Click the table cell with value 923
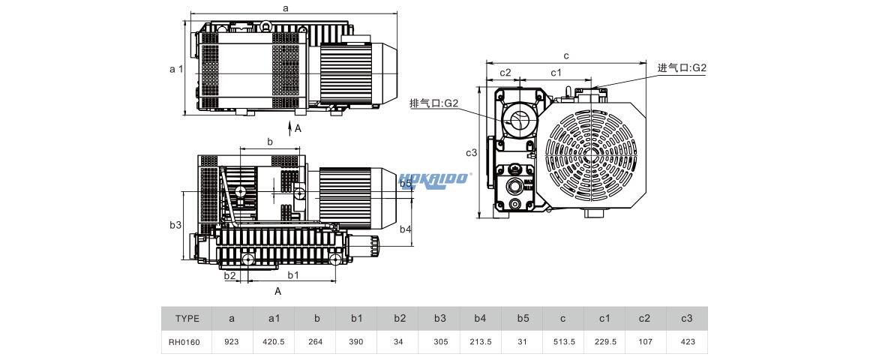coord(232,342)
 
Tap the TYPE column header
coord(187,319)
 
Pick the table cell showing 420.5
coord(274,342)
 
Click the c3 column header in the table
coord(686,319)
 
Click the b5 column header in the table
coord(523,319)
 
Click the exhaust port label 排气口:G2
coord(433,103)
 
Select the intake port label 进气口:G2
coord(682,67)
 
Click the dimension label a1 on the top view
coord(175,68)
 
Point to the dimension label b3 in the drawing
coord(175,225)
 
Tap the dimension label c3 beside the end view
coord(471,153)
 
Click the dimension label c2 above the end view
coord(505,72)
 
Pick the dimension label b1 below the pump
coord(293,275)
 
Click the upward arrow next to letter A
coord(290,128)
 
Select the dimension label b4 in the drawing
coord(405,229)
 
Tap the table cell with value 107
coord(644,342)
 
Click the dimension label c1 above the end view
coord(556,72)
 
